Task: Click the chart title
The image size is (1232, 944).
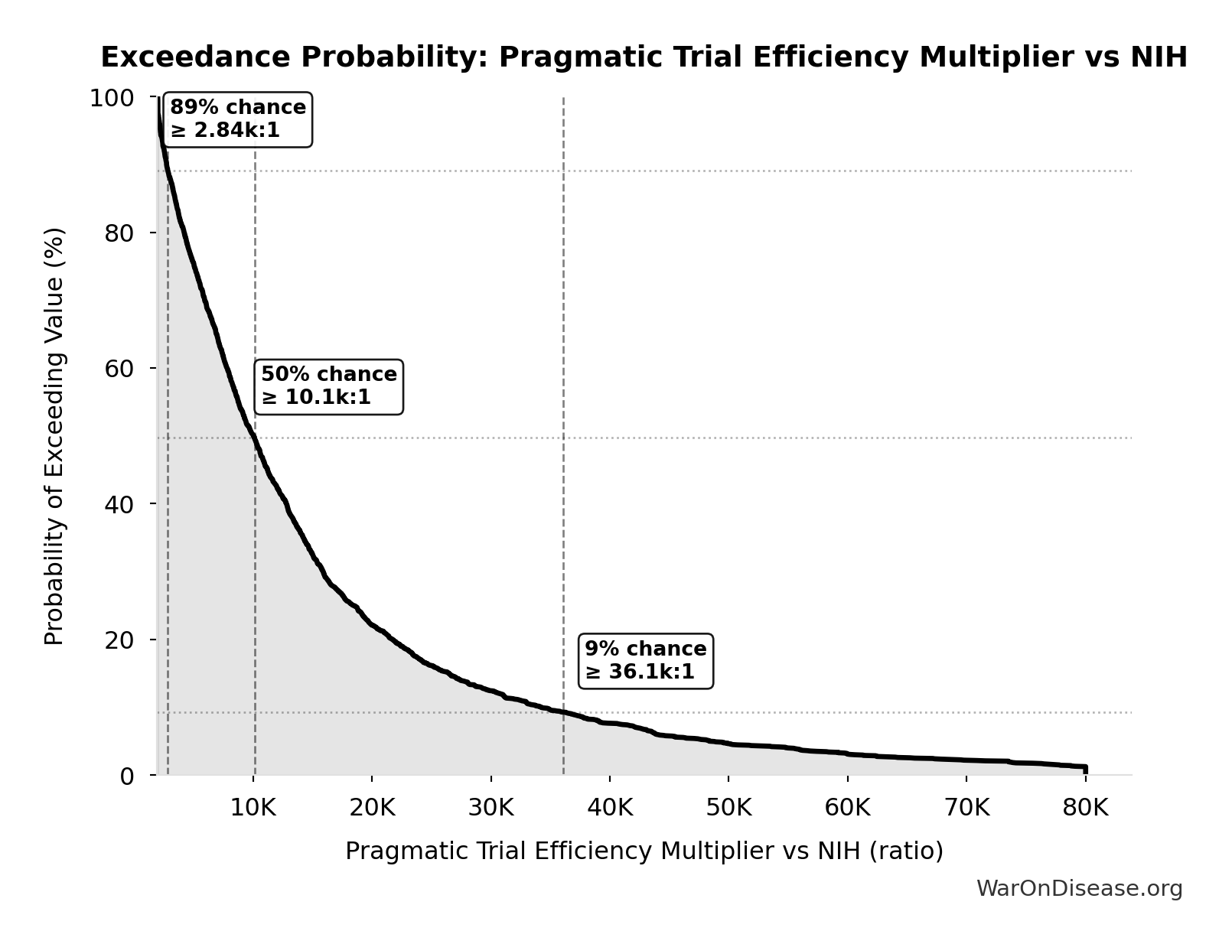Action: click(x=644, y=57)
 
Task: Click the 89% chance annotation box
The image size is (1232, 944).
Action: click(x=237, y=119)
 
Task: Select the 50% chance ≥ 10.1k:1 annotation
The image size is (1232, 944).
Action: click(x=328, y=386)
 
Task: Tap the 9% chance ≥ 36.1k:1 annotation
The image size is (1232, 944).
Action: click(x=645, y=661)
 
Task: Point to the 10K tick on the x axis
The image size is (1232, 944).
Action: click(x=253, y=808)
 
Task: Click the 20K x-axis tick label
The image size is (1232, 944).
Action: click(x=372, y=808)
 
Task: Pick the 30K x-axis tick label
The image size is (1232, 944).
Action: click(x=491, y=808)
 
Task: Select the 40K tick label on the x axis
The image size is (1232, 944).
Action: click(x=610, y=808)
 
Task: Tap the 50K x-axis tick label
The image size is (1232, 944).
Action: click(x=728, y=808)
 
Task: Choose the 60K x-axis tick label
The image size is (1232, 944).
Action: click(x=848, y=808)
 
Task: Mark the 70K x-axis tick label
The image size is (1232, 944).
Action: click(x=966, y=808)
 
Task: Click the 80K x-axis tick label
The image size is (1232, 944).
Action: click(x=1085, y=808)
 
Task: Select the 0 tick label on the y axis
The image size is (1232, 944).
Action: click(x=127, y=776)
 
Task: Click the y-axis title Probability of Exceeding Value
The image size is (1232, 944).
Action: click(x=54, y=436)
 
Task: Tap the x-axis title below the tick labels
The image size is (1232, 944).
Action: click(x=644, y=851)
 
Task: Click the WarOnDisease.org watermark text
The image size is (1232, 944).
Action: click(x=1079, y=889)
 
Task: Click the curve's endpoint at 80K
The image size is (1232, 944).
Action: click(x=1085, y=767)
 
